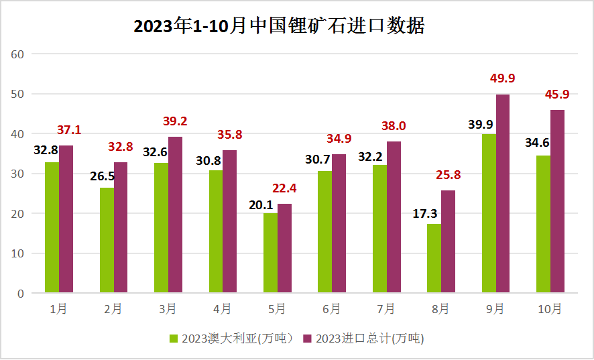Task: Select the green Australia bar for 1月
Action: coord(52,227)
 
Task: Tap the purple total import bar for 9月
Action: coord(502,194)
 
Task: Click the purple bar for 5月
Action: coord(284,248)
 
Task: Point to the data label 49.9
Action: coord(502,78)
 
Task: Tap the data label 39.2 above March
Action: coord(175,121)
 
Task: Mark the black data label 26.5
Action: coord(103,176)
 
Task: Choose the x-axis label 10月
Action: coord(549,309)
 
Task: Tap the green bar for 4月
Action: coord(216,231)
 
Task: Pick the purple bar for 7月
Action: coord(394,217)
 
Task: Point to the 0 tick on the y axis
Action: coord(21,294)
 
